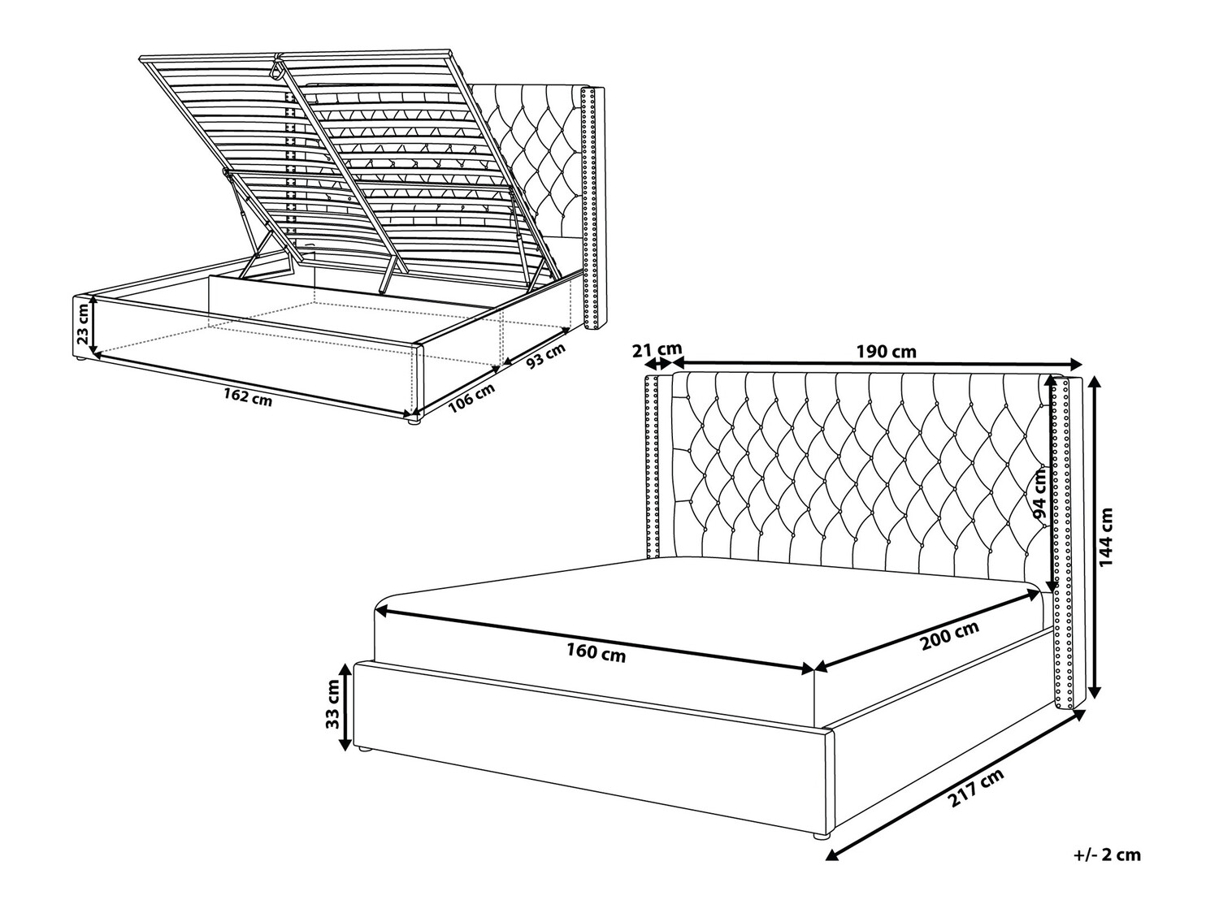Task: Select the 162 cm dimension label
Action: [248, 397]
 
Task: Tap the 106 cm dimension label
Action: [471, 398]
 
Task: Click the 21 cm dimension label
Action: [657, 349]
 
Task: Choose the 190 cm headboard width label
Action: [886, 352]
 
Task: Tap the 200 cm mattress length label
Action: [950, 635]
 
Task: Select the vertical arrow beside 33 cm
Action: [345, 707]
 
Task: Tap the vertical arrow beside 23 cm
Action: [94, 325]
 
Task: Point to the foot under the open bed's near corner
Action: [412, 422]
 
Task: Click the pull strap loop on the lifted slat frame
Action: [276, 67]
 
